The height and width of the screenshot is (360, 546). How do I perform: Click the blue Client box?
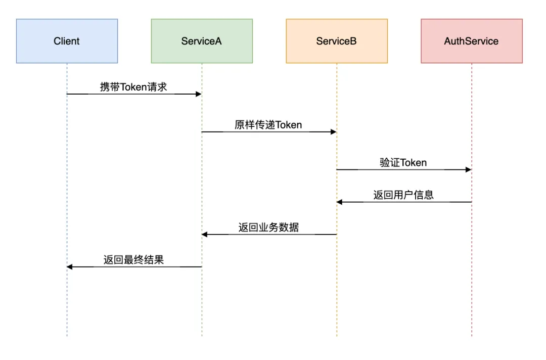pos(67,41)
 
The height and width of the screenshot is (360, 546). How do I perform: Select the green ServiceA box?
pos(202,41)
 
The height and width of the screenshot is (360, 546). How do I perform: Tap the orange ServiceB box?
pos(337,41)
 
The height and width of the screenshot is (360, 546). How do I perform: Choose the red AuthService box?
pos(472,41)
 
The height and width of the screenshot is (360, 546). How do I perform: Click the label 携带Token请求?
pos(133,87)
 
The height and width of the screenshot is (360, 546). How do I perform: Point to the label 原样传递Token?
pos(268,125)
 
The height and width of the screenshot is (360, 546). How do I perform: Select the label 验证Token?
pos(403,162)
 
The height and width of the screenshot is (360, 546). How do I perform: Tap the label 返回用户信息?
pos(403,195)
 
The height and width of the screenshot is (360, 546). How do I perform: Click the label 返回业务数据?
pos(268,228)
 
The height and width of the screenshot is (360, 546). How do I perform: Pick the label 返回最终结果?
pos(134,260)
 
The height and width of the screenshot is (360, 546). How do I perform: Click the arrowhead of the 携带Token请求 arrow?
pos(199,94)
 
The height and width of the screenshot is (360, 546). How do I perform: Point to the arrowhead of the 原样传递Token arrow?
pos(334,132)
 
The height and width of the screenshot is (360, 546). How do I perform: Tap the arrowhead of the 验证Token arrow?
pos(469,170)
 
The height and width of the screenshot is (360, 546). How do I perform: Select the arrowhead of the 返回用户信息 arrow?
pos(340,202)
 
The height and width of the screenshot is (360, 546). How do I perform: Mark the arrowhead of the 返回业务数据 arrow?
pos(205,235)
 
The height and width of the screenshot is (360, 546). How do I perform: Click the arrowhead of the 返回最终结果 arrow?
pos(70,267)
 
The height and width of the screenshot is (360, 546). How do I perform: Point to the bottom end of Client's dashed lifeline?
pos(67,336)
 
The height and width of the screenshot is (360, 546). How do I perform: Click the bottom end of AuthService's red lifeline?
pos(472,336)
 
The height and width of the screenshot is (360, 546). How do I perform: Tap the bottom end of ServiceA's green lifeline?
pos(202,336)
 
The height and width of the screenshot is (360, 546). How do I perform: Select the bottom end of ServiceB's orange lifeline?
pos(337,336)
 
